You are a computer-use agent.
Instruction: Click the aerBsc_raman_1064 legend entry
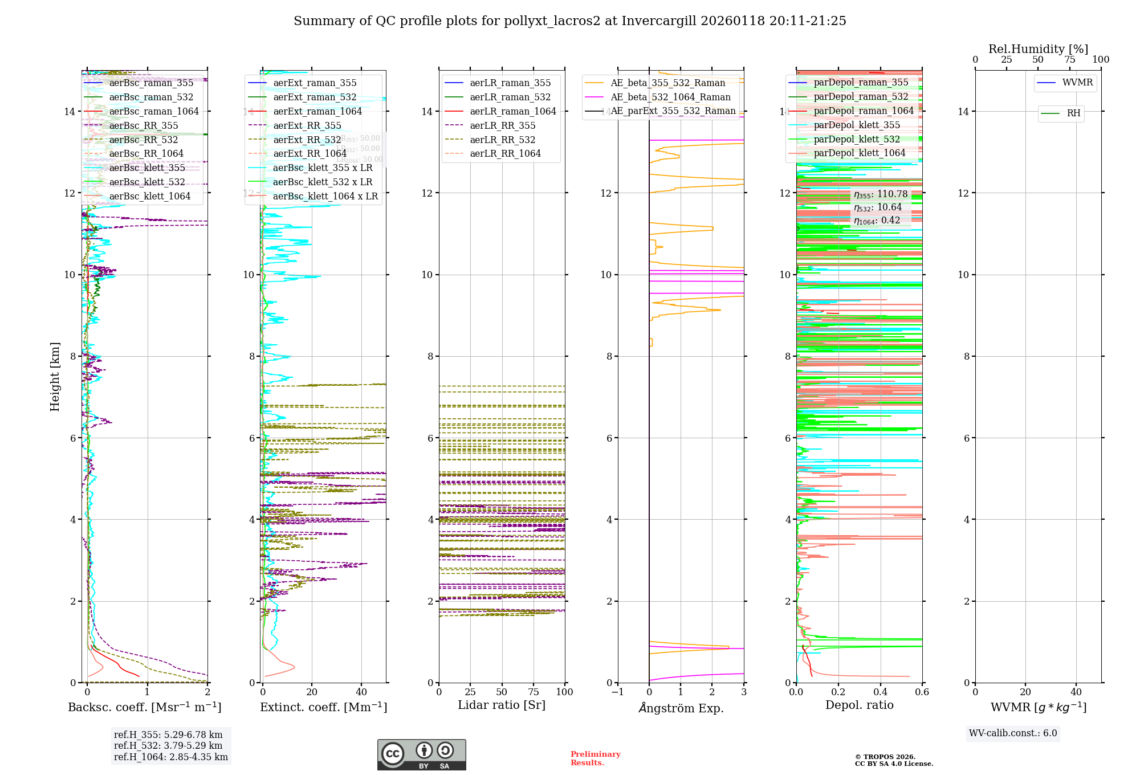pyautogui.click(x=154, y=111)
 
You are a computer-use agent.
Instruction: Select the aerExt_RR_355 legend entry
pyautogui.click(x=307, y=125)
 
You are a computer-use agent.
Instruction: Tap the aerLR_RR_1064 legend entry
pyautogui.click(x=505, y=153)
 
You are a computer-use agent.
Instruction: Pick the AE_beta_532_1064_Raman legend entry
pyautogui.click(x=670, y=97)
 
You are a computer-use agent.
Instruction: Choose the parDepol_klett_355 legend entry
pyautogui.click(x=857, y=125)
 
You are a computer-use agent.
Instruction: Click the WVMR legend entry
pyautogui.click(x=1077, y=83)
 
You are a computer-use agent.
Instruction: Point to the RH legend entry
pyautogui.click(x=1073, y=113)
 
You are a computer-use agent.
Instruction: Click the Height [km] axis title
pyautogui.click(x=55, y=377)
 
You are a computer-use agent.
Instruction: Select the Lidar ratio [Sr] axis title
pyautogui.click(x=502, y=705)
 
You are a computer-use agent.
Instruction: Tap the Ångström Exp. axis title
pyautogui.click(x=681, y=708)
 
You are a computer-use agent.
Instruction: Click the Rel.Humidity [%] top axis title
pyautogui.click(x=1038, y=49)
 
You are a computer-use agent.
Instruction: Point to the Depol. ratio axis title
pyautogui.click(x=859, y=705)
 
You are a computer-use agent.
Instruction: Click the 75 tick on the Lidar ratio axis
pyautogui.click(x=534, y=692)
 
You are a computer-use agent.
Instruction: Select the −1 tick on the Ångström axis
pyautogui.click(x=617, y=692)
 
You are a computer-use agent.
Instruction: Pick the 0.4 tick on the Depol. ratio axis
pyautogui.click(x=880, y=692)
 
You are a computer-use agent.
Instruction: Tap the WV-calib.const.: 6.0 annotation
pyautogui.click(x=1013, y=733)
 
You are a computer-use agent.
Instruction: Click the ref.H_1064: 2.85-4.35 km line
pyautogui.click(x=171, y=757)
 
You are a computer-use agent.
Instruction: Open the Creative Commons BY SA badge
pyautogui.click(x=421, y=754)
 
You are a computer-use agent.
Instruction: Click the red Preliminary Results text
pyautogui.click(x=595, y=758)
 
